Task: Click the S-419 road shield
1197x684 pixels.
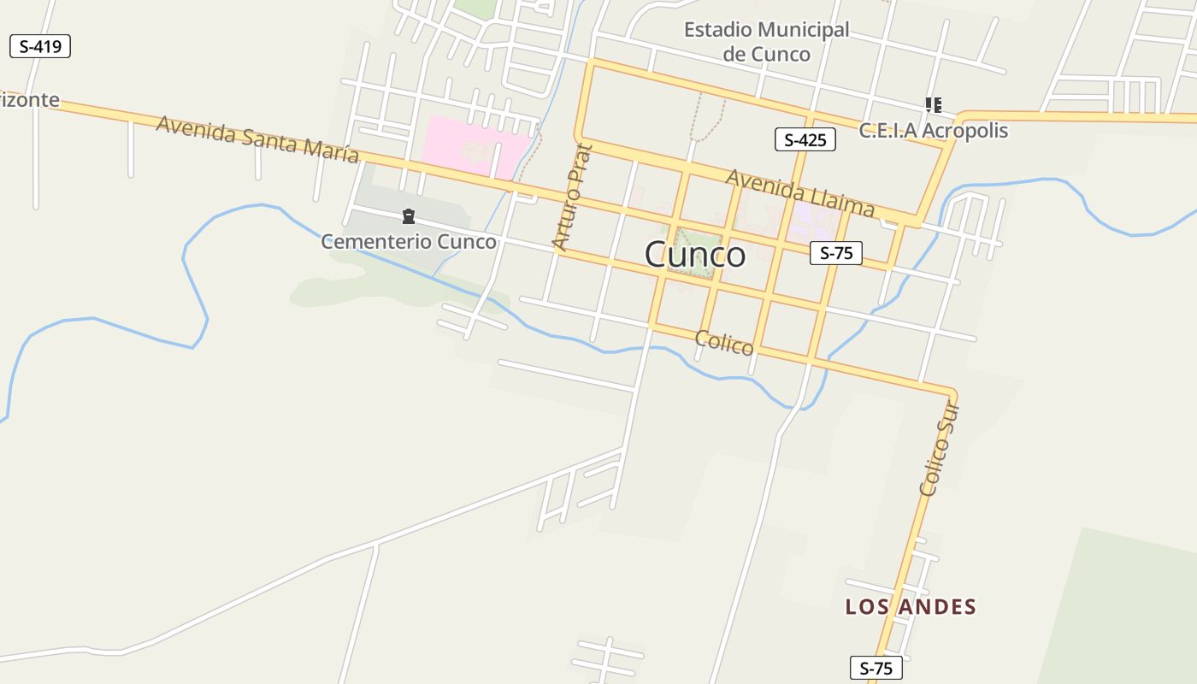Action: [39, 46]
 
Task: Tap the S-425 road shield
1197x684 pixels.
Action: [805, 139]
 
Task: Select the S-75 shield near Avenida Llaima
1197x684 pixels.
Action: [835, 252]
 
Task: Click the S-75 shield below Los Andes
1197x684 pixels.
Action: [876, 668]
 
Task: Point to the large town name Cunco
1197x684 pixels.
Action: [694, 255]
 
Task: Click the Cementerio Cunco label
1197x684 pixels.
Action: [408, 242]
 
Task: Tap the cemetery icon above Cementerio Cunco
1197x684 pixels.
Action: [409, 216]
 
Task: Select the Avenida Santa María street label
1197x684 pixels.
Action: [256, 138]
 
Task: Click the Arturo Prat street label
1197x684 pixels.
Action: [573, 198]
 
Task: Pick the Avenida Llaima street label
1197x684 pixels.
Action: [800, 192]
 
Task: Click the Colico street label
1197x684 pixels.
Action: [724, 342]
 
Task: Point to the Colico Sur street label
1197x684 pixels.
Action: [940, 450]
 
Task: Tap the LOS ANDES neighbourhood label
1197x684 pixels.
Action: [911, 607]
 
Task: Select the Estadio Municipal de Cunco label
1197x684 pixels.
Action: [766, 42]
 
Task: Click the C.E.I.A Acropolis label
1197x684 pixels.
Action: [933, 131]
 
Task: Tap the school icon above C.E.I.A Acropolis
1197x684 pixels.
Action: [933, 105]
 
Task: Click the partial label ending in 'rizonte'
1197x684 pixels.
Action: [30, 100]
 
